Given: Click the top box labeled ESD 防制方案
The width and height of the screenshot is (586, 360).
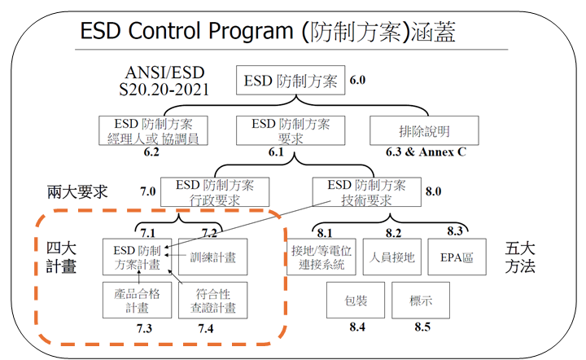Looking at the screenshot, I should click(290, 81).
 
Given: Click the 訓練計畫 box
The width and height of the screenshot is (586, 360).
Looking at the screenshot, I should click(213, 257).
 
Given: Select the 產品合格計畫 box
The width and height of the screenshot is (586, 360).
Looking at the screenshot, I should click(137, 301).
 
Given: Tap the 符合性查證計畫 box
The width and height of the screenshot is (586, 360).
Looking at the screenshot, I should click(213, 301).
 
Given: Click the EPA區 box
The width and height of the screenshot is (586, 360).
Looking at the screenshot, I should click(457, 257).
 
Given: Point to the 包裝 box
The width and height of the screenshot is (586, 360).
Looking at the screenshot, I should click(355, 301).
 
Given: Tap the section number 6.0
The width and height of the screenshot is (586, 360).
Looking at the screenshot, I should click(358, 81).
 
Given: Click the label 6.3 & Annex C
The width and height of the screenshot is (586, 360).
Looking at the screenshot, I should click(426, 152).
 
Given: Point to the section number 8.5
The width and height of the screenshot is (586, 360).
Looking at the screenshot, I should click(422, 327).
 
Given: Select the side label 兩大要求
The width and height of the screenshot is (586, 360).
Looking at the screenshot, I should click(77, 193).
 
